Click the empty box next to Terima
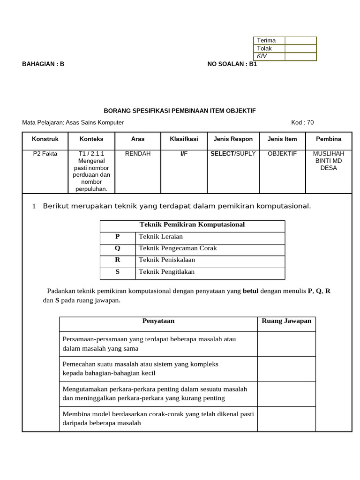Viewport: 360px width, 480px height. coord(300,40)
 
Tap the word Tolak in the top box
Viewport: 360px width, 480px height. coord(264,48)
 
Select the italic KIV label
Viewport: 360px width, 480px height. coord(262,56)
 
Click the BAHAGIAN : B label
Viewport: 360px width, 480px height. coord(43,64)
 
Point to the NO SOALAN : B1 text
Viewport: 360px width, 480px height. coord(232,64)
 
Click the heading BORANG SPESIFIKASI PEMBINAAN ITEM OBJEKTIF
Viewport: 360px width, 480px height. coord(180,111)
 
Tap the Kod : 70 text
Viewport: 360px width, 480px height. coord(302,122)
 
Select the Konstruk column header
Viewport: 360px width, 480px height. coord(45,139)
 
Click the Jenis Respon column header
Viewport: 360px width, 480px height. coord(233,139)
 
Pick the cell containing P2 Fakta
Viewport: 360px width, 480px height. coord(45,154)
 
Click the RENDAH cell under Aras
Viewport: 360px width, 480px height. coord(138,154)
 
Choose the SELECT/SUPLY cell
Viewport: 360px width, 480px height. coord(233,154)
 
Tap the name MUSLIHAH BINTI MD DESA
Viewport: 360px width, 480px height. coord(329,161)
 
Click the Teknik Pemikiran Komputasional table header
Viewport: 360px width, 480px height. coord(192,225)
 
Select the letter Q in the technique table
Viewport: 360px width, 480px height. coord(117,248)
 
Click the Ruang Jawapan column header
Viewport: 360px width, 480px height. coord(286,321)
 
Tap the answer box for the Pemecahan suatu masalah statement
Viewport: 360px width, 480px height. coord(286,369)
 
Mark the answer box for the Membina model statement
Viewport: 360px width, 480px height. coord(286,419)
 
